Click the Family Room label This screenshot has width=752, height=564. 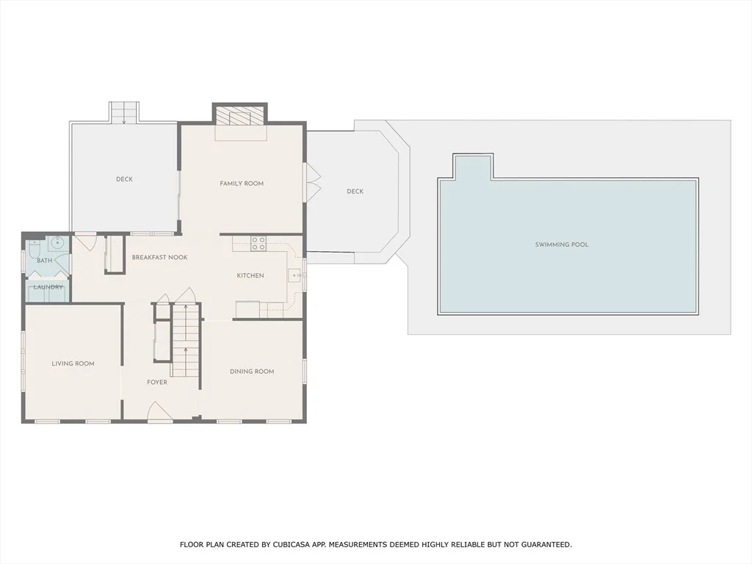[x=242, y=183]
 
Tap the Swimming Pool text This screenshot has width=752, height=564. [x=562, y=245]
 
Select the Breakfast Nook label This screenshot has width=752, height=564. [x=159, y=258]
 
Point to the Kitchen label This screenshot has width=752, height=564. [x=250, y=276]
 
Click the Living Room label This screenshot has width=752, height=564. [x=73, y=364]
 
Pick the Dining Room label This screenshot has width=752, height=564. [x=252, y=371]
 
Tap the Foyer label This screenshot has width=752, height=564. [x=157, y=382]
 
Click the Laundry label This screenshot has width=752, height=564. [x=48, y=287]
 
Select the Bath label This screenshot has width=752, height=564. [x=45, y=261]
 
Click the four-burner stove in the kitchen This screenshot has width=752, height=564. [x=258, y=244]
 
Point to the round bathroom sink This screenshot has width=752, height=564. [x=57, y=242]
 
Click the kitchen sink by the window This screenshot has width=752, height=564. [x=294, y=276]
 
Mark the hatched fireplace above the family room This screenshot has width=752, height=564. [x=239, y=115]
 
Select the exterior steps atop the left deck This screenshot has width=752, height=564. [x=124, y=112]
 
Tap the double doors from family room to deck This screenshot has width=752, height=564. [x=313, y=181]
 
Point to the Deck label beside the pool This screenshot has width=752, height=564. [x=355, y=192]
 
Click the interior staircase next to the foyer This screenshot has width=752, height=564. [x=186, y=339]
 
